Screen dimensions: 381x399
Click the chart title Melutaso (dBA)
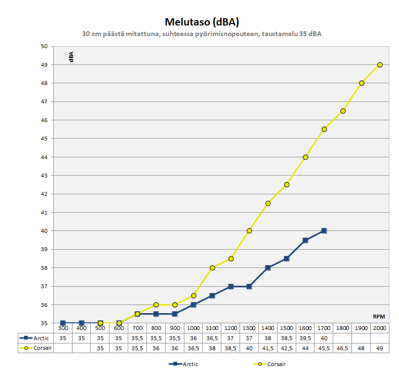coord(202,22)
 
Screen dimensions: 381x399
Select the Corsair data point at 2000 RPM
coord(380,64)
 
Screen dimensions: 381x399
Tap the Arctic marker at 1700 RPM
coord(324,231)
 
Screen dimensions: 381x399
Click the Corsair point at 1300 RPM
coord(249,231)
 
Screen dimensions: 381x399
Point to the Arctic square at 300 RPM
coord(63,323)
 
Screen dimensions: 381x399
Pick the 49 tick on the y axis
coord(45,65)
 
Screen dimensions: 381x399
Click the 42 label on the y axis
coord(45,194)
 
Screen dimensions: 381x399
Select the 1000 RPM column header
coord(193,328)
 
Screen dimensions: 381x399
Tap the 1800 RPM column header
coord(343,328)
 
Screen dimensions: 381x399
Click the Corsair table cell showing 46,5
coord(343,348)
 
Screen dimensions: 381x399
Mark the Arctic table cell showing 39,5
coord(305,338)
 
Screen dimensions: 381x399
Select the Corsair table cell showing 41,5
coord(268,348)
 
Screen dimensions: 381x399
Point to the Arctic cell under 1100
coord(212,338)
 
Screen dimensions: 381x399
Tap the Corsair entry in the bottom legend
coord(269,364)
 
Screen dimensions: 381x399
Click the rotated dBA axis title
coord(71,57)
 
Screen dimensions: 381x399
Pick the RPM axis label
coord(379,317)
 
